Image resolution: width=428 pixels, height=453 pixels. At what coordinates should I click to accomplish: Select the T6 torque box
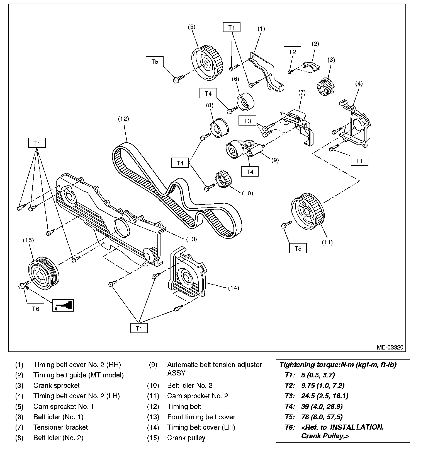click(36, 309)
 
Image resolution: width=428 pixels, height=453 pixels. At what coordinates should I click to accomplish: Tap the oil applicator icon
click(63, 305)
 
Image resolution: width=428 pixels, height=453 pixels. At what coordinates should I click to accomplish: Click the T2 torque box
click(292, 52)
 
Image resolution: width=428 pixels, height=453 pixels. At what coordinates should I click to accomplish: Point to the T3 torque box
click(247, 121)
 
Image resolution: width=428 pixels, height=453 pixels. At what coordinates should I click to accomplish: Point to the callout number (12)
click(123, 119)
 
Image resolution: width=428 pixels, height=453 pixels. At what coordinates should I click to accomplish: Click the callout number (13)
click(191, 239)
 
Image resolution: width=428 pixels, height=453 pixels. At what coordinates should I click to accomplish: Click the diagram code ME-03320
click(390, 347)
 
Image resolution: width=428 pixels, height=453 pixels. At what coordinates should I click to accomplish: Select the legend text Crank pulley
click(186, 438)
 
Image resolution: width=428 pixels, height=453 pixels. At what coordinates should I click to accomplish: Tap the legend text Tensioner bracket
click(60, 427)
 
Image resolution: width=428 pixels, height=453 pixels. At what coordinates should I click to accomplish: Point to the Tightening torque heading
click(338, 365)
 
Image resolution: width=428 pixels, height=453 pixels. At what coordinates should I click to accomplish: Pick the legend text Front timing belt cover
click(201, 417)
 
